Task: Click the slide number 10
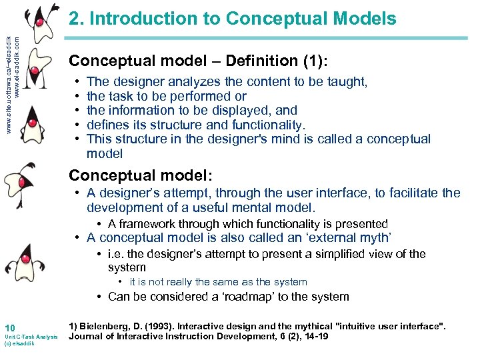click(x=9, y=327)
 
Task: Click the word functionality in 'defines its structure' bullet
click(x=267, y=125)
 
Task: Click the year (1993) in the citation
click(x=171, y=326)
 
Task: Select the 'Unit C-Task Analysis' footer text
click(x=31, y=337)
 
